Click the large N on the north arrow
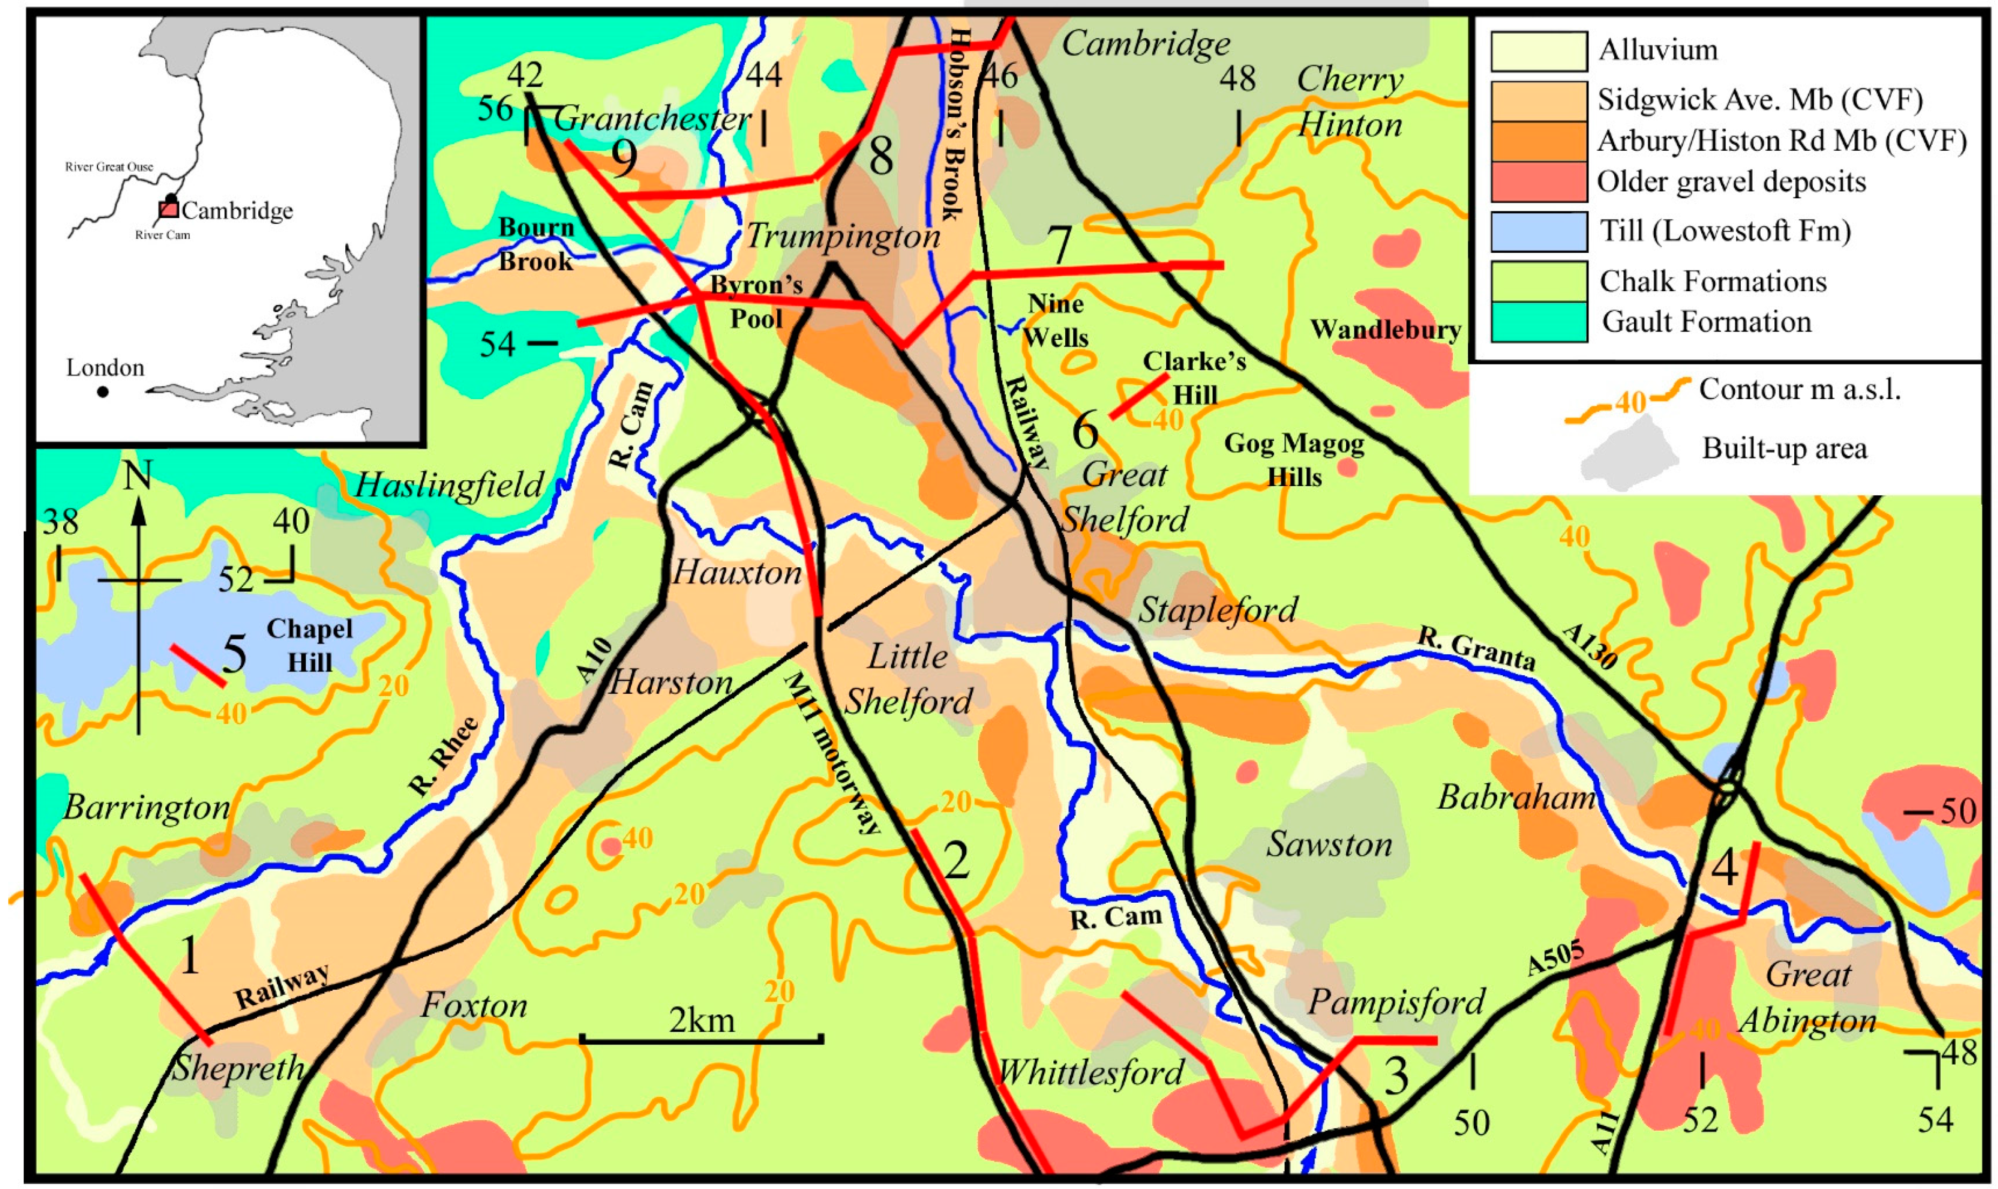point(138,478)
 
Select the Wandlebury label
point(1386,330)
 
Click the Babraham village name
point(1515,798)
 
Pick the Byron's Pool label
point(756,302)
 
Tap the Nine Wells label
point(1055,320)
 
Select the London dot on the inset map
point(103,392)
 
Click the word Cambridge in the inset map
point(237,211)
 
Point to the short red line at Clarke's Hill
point(1138,396)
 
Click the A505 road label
point(1555,958)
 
